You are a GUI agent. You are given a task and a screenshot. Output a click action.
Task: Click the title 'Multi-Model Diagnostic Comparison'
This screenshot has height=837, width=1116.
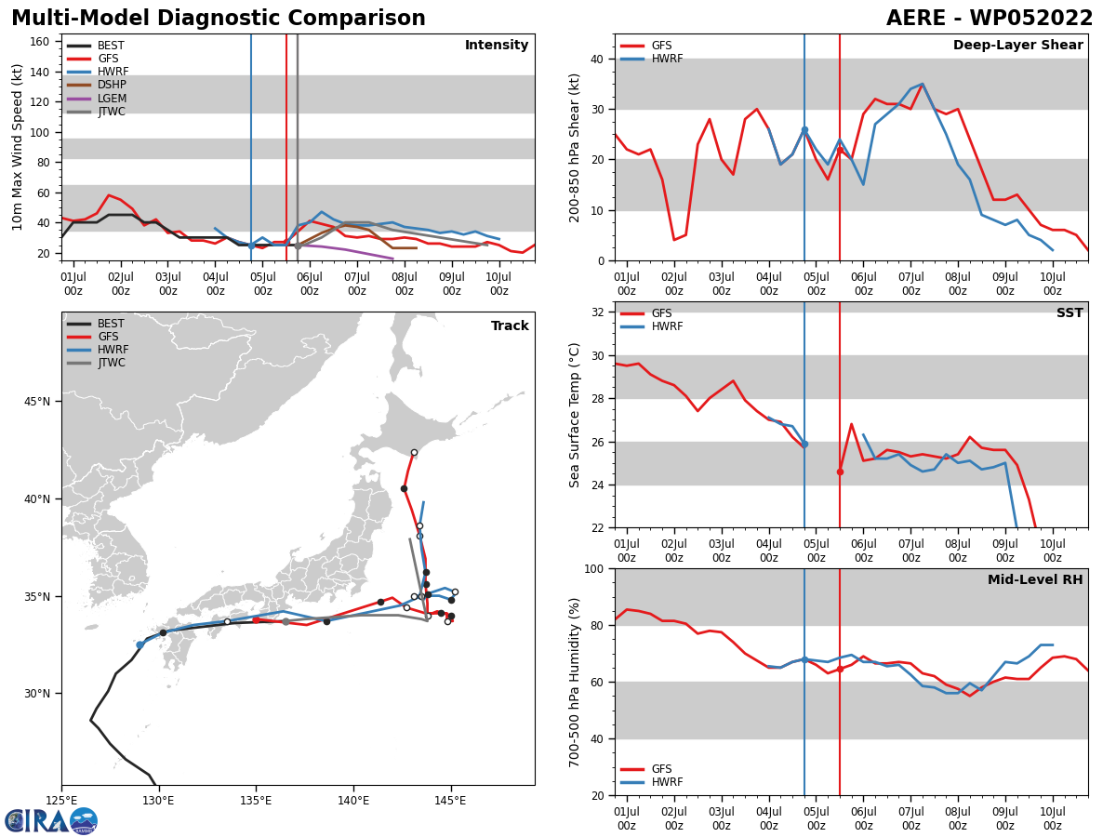point(219,19)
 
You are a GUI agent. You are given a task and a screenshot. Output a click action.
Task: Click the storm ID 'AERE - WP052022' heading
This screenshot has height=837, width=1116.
point(990,19)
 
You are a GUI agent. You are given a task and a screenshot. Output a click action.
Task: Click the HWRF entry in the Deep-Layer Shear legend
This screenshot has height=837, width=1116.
point(664,59)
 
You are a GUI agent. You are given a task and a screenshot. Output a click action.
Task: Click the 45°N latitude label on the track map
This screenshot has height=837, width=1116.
point(39,402)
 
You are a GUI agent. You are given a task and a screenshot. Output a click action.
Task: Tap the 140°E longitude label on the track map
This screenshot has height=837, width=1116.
point(353,801)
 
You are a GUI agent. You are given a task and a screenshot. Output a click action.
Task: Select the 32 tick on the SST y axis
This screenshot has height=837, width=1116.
point(598,312)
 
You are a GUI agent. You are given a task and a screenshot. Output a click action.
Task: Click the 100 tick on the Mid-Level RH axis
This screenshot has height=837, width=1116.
point(591,568)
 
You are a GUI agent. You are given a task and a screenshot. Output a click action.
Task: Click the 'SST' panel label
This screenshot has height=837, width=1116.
point(1069,313)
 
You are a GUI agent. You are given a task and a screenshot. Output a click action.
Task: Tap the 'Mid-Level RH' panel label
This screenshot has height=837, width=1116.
point(1035,580)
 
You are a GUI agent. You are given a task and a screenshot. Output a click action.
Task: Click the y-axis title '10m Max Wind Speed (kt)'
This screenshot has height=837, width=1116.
point(18,147)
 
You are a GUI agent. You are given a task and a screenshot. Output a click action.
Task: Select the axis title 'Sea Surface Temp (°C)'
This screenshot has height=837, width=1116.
point(575,415)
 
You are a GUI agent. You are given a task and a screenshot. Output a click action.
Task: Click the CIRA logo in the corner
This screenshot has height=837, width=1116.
point(50,820)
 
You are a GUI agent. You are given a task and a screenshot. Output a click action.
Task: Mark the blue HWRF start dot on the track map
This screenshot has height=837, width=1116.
point(140,644)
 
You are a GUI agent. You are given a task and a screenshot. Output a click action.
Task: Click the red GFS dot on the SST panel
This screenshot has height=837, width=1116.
point(840,472)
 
